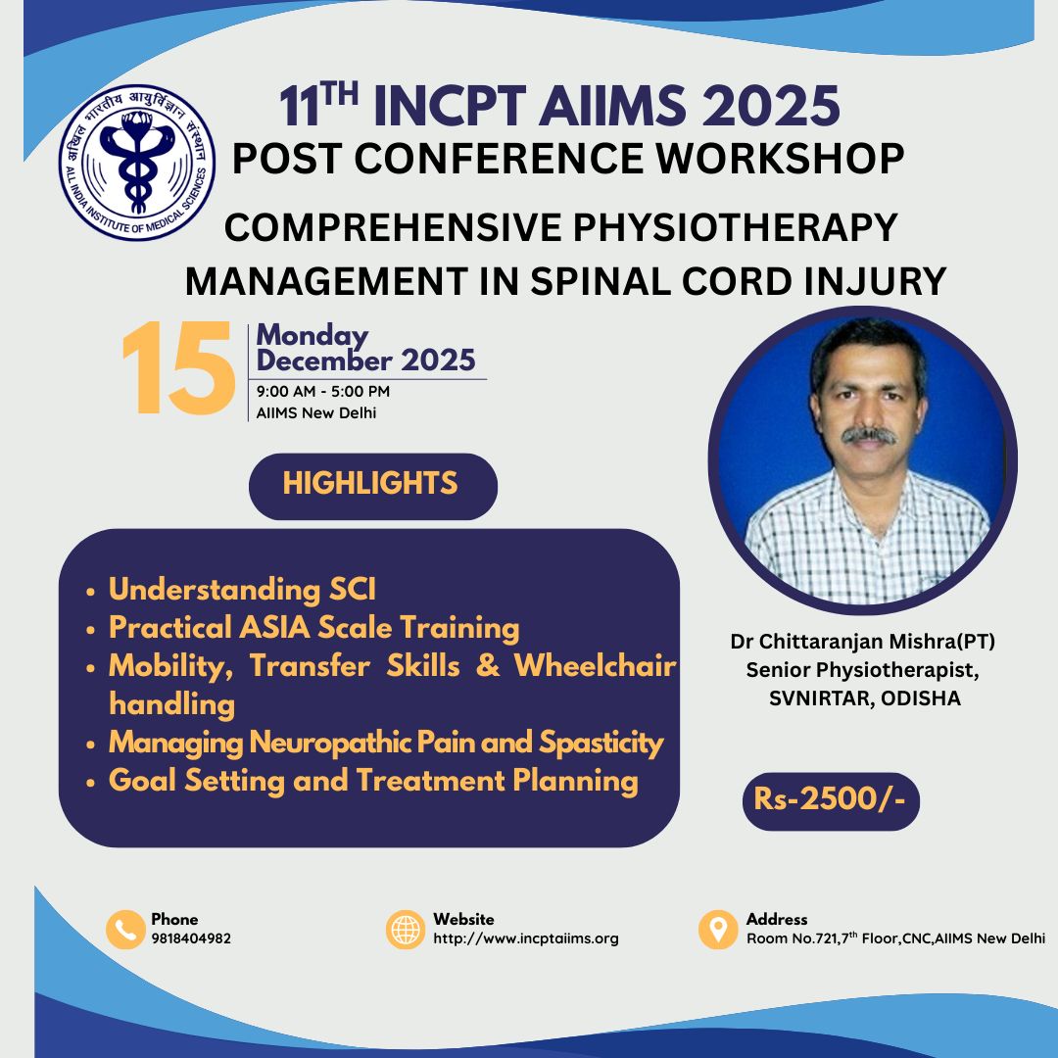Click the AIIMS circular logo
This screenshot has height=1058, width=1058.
pyautogui.click(x=137, y=163)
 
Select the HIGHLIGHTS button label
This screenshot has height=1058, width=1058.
pyautogui.click(x=370, y=483)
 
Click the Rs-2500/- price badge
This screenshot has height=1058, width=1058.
pyautogui.click(x=831, y=800)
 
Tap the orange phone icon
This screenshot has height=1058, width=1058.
pyautogui.click(x=125, y=929)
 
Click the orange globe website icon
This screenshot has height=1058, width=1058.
pyautogui.click(x=406, y=929)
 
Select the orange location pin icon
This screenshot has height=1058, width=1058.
pyautogui.click(x=718, y=929)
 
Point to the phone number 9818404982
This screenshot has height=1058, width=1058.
pyautogui.click(x=191, y=938)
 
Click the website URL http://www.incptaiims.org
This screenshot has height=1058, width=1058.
pyautogui.click(x=526, y=938)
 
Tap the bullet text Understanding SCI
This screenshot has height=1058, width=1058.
pyautogui.click(x=242, y=589)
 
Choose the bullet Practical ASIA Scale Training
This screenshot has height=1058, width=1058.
pyautogui.click(x=313, y=628)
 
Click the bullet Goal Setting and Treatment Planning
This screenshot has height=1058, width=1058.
pyautogui.click(x=373, y=782)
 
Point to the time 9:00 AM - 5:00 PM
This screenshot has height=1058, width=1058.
pyautogui.click(x=322, y=391)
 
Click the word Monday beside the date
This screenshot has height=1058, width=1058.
pyautogui.click(x=312, y=336)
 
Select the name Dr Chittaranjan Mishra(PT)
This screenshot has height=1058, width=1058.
pyautogui.click(x=862, y=642)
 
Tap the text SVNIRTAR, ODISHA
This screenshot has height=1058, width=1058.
pyautogui.click(x=864, y=698)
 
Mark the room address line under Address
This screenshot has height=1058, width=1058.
pyautogui.click(x=895, y=938)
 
